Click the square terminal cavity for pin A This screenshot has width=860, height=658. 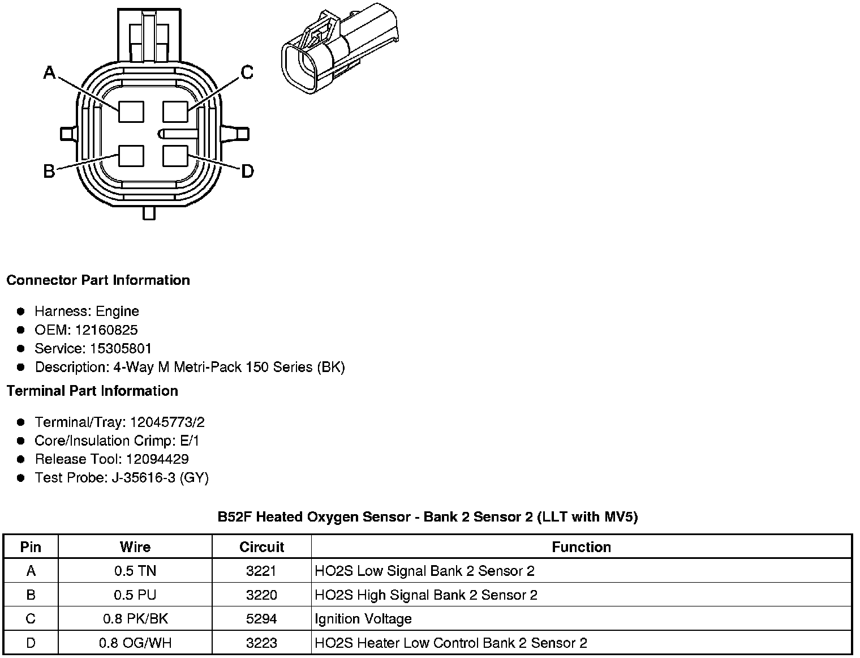click(x=131, y=112)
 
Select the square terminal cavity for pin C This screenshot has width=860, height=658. click(x=175, y=112)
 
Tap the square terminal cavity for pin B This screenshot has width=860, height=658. click(x=131, y=156)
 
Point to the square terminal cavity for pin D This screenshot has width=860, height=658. click(x=175, y=156)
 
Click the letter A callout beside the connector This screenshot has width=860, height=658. click(x=50, y=72)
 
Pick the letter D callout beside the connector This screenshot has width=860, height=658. click(x=247, y=171)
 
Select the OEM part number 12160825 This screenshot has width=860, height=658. click(x=106, y=330)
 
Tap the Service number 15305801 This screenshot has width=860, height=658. click(x=121, y=349)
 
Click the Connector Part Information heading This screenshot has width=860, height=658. click(x=98, y=280)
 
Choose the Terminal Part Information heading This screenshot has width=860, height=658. click(x=92, y=391)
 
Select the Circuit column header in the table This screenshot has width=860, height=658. click(x=261, y=547)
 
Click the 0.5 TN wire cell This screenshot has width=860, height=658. click(x=135, y=571)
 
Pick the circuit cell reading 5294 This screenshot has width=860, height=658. click(x=261, y=619)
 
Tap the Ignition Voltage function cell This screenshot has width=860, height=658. click(x=363, y=619)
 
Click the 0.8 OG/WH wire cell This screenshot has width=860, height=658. click(x=135, y=643)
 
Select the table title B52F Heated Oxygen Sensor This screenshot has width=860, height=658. click(x=428, y=517)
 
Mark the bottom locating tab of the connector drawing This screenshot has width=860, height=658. click(x=149, y=213)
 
